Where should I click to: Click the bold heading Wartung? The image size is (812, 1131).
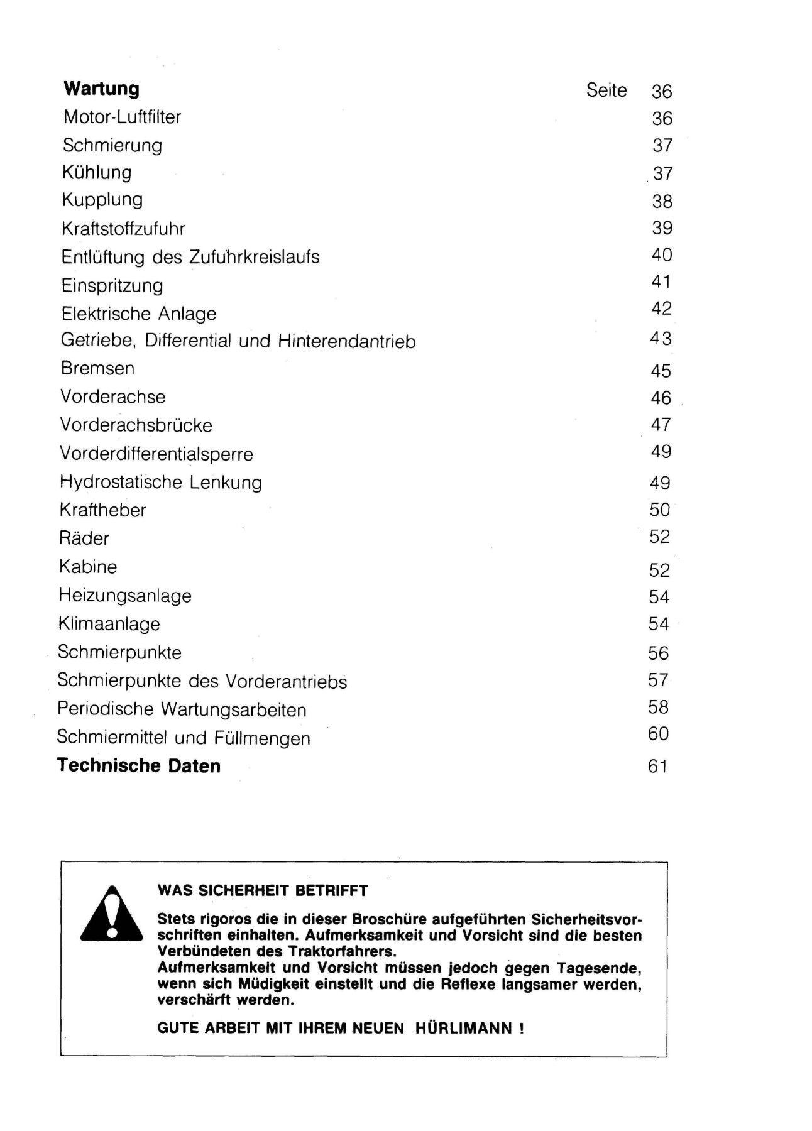click(101, 89)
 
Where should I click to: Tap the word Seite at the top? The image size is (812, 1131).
click(606, 90)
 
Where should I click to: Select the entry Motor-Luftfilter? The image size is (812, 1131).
click(122, 117)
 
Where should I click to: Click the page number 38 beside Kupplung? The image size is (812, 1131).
click(662, 201)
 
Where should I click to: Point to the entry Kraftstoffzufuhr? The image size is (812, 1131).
click(123, 228)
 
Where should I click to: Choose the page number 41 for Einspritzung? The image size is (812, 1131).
click(661, 281)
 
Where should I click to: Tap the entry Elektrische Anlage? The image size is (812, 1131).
click(138, 314)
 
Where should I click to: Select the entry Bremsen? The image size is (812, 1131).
click(97, 368)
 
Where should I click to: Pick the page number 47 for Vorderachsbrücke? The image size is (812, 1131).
click(661, 425)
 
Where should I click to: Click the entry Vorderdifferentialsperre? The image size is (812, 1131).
click(156, 454)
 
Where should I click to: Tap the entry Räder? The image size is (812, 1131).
click(84, 538)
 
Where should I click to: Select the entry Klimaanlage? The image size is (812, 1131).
click(109, 624)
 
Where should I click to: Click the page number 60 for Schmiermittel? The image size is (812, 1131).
click(659, 734)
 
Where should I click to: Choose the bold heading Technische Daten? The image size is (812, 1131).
click(139, 766)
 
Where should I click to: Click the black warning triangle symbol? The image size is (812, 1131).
click(112, 914)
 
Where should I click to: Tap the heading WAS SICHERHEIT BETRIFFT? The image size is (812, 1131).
click(262, 890)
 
